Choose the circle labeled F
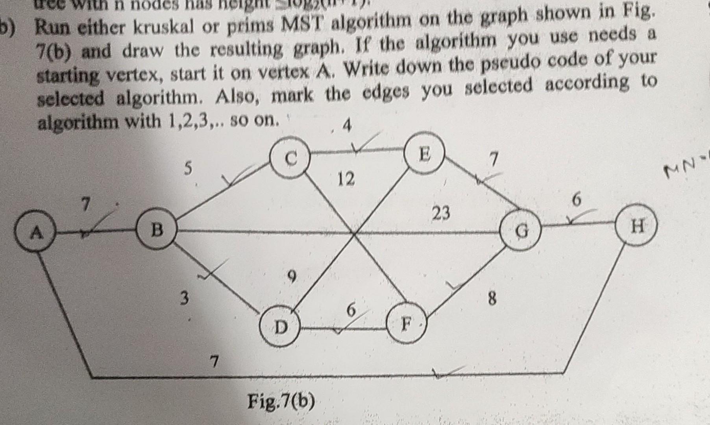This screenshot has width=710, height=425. click(407, 324)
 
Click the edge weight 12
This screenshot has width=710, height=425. click(346, 179)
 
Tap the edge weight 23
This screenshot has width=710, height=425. click(441, 213)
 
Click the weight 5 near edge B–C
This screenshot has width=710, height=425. click(189, 169)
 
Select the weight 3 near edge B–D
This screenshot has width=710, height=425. click(184, 297)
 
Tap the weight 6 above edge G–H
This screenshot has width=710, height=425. click(576, 200)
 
